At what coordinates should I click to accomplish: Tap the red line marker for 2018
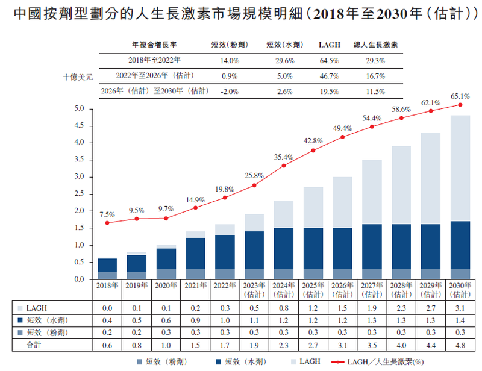click(107, 223)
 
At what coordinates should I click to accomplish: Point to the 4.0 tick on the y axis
click(80, 143)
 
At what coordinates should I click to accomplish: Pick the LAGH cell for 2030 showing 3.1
click(460, 308)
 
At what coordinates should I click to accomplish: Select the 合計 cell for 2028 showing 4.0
click(401, 346)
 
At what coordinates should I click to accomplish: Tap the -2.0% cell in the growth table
click(230, 92)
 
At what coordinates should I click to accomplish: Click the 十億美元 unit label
click(78, 77)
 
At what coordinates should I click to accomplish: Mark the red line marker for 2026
click(342, 137)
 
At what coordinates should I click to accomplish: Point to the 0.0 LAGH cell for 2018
click(107, 308)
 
